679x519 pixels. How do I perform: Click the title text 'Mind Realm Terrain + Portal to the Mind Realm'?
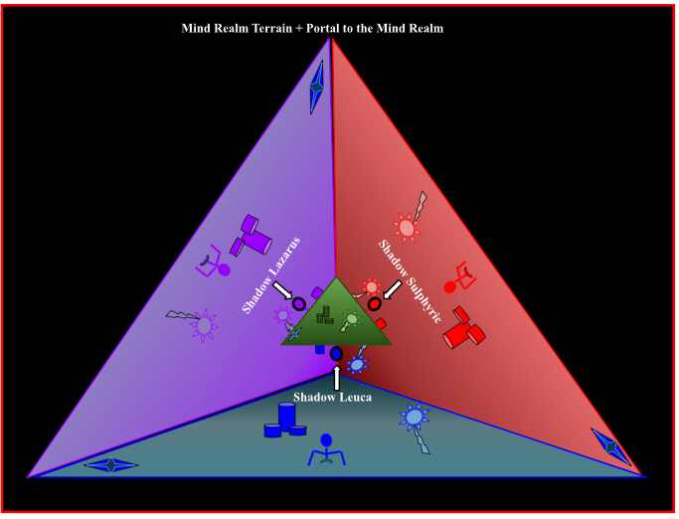click(x=312, y=29)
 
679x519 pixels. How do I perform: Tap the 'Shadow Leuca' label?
click(x=338, y=398)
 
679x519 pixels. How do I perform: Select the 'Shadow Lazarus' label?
click(x=272, y=275)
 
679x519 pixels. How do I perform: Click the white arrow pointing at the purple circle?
click(x=283, y=292)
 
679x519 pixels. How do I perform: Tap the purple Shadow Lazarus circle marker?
click(x=298, y=303)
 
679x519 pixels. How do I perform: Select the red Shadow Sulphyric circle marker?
click(x=374, y=303)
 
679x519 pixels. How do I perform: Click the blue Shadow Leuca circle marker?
click(x=336, y=354)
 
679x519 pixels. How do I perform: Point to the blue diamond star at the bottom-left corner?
click(x=111, y=465)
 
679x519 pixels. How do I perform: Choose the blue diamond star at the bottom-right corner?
click(x=610, y=447)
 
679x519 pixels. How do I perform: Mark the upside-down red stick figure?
click(x=459, y=277)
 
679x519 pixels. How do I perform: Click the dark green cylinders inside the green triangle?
click(x=325, y=316)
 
